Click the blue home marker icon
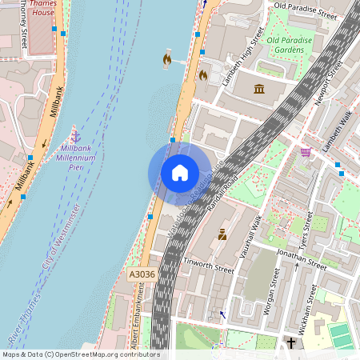pos(180,173)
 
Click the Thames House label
pos(41,8)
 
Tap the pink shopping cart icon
pos(306,151)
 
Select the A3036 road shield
pos(141,274)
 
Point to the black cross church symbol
pos(291,343)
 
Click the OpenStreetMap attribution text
pos(80,354)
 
